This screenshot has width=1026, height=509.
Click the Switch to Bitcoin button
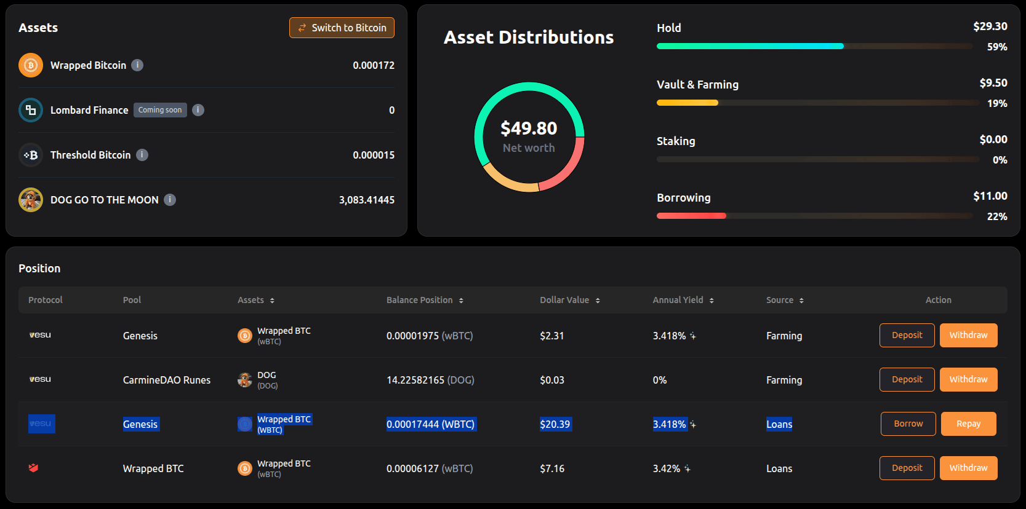[x=342, y=28]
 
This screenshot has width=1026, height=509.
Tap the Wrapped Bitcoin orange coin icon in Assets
[x=31, y=65]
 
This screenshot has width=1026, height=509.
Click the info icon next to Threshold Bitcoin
[x=142, y=155]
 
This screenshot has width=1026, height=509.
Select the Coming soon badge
[x=160, y=110]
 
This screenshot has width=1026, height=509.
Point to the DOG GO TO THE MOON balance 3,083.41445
[x=366, y=200]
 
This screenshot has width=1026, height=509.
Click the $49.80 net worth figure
[x=529, y=128]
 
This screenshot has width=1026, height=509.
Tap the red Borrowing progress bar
[x=691, y=216]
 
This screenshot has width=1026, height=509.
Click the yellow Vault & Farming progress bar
[x=687, y=103]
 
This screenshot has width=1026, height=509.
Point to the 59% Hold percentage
[x=997, y=47]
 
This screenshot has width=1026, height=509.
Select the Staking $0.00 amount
[x=993, y=140]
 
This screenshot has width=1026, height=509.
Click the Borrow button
[x=908, y=424]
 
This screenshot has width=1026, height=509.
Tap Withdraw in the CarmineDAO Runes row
[x=969, y=379]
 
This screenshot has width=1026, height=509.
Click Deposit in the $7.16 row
[x=907, y=468]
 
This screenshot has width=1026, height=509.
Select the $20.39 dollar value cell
[x=555, y=424]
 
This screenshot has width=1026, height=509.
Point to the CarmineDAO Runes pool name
[x=167, y=380]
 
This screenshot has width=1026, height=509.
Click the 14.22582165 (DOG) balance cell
[x=431, y=380]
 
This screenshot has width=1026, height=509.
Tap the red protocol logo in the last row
[x=33, y=468]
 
